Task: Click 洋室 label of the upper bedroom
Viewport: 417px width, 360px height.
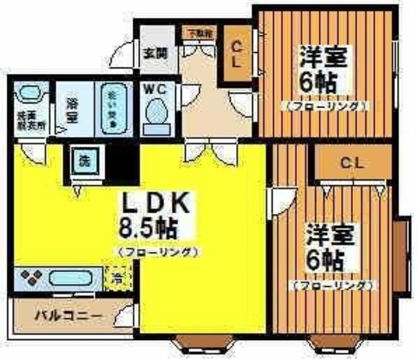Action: click(x=324, y=57)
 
